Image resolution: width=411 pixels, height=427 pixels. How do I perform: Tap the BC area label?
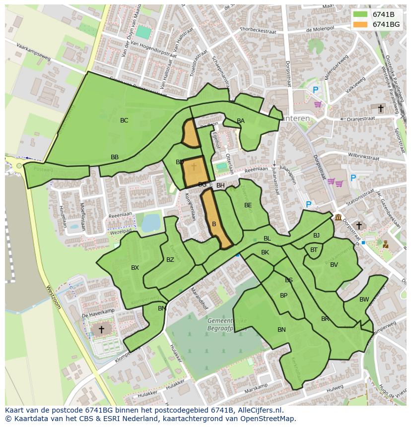(x=124, y=121)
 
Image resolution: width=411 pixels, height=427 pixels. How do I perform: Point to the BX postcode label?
(x=135, y=268)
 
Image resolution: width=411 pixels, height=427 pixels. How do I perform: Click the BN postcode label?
(x=281, y=330)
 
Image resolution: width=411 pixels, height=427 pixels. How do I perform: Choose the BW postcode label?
(x=364, y=300)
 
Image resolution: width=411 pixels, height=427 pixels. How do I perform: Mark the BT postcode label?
(x=314, y=250)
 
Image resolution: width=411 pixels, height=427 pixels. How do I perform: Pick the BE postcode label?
(x=248, y=205)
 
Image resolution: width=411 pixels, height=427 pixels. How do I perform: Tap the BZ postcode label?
(x=170, y=260)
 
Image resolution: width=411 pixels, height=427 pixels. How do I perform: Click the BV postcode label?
(x=334, y=265)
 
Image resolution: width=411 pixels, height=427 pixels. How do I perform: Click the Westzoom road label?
(x=53, y=296)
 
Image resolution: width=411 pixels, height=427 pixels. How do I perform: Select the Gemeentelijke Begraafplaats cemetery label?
(x=227, y=325)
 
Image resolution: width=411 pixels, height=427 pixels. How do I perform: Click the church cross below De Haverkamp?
(x=101, y=329)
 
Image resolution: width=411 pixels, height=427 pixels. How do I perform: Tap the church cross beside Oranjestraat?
(x=381, y=108)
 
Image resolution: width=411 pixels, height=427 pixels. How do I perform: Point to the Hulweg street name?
(x=335, y=387)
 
